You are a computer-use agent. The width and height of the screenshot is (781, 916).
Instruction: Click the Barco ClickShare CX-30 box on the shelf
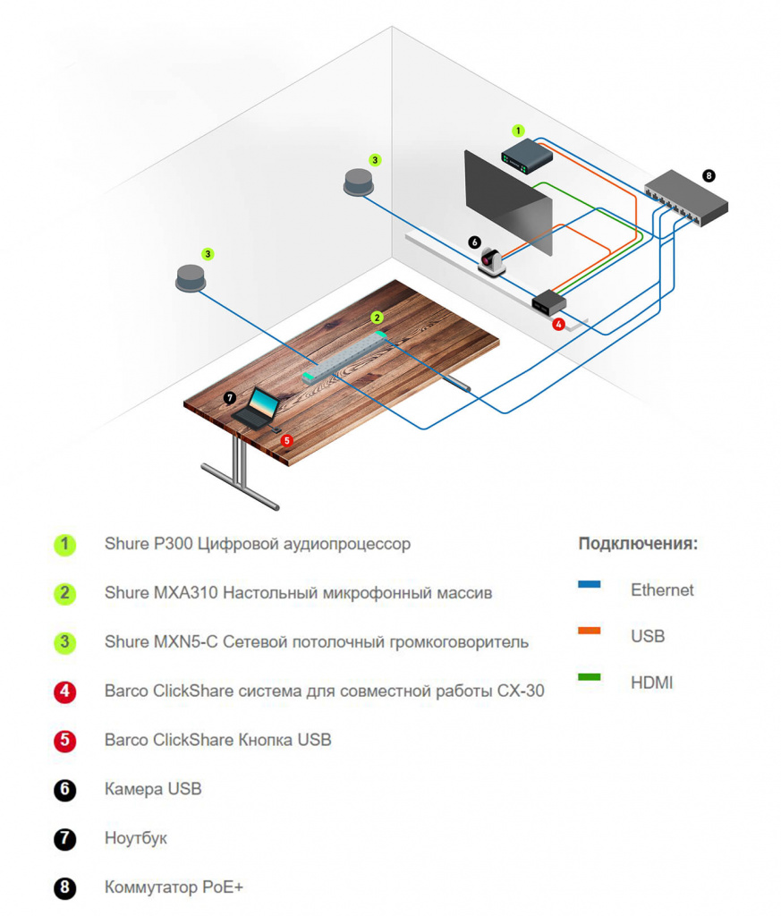(548, 302)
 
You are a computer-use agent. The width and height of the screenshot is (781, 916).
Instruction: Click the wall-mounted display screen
(507, 201)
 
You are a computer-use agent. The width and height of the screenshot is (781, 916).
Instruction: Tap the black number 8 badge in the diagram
(709, 176)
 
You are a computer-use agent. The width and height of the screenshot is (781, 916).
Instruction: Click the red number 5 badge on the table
(286, 440)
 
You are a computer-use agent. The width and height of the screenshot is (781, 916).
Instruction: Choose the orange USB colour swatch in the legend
(590, 632)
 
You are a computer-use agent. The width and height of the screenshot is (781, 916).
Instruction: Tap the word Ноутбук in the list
(136, 838)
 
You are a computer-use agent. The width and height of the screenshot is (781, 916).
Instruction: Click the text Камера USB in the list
(153, 789)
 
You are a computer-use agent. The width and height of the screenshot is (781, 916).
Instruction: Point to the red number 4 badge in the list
(64, 691)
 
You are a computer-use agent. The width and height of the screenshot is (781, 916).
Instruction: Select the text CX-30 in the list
(522, 691)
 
